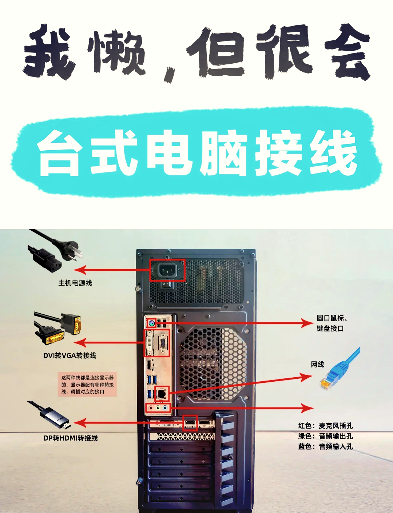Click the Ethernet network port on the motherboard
[x=162, y=393]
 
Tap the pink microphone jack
[x=151, y=408]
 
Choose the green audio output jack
[x=158, y=408]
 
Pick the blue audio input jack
[x=165, y=408]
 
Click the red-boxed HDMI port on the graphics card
[x=190, y=423]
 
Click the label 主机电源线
[x=75, y=283]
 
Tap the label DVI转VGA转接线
[x=70, y=355]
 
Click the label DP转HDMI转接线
[x=71, y=438]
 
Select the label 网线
[x=317, y=364]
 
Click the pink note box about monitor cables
[x=87, y=384]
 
